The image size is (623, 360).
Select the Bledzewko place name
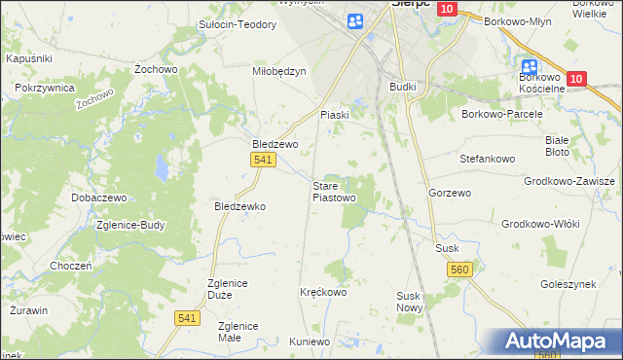(x=240, y=206)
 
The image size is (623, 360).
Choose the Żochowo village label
(x=155, y=71)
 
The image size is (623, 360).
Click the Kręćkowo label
(x=323, y=292)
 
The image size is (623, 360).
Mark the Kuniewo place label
(x=311, y=342)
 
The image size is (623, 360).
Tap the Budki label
(x=402, y=87)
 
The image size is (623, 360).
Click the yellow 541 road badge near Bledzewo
(x=261, y=160)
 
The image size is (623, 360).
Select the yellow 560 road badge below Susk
(x=460, y=270)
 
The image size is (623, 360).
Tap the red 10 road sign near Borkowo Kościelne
(x=576, y=79)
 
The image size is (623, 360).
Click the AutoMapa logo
(x=560, y=341)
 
